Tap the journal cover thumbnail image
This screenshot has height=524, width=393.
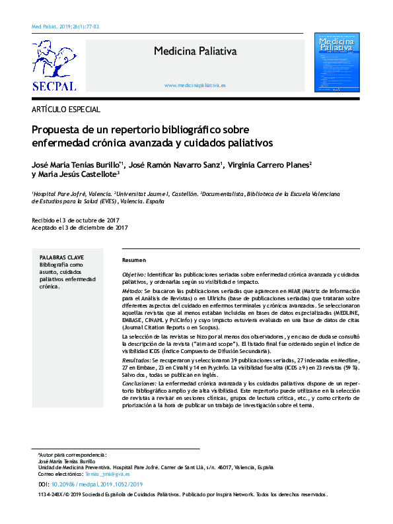tap(337, 62)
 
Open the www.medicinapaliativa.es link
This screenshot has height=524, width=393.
tap(195, 86)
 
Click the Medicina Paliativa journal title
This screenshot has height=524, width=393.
tap(195, 51)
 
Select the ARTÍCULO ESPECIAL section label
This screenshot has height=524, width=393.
tap(66, 109)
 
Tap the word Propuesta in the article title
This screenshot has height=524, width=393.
tap(55, 129)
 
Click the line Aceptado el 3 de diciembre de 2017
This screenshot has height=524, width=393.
tap(79, 227)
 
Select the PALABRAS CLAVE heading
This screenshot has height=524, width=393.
tap(61, 257)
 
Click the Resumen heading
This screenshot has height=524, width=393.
tap(134, 260)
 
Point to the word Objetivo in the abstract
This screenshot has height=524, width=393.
tap(133, 273)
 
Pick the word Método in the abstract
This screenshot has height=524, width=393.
tap(132, 291)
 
